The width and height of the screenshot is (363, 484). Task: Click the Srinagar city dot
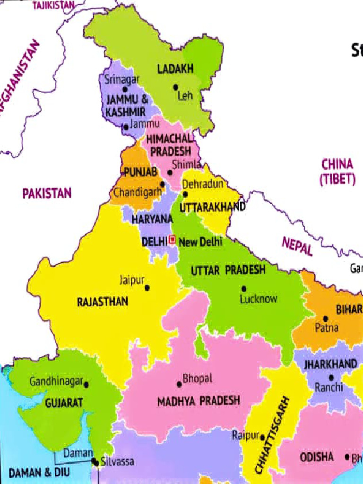pos(125,89)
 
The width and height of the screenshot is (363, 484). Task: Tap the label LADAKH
pos(175,69)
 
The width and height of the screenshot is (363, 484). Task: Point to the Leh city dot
pos(175,87)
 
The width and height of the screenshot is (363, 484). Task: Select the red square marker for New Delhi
pos(172,240)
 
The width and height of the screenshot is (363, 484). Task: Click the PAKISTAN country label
pos(47,193)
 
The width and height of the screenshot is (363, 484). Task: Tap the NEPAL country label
pos(297,246)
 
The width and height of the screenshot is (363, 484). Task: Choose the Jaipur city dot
pos(147,287)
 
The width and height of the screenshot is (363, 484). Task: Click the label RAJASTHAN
pos(103,302)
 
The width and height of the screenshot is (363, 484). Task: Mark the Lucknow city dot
pos(244,288)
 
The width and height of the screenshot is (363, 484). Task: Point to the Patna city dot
pos(325,319)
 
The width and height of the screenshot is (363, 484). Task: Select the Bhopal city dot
pos(179,384)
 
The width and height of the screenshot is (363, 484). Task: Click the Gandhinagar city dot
pos(86,385)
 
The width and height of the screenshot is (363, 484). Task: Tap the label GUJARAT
pos(64,403)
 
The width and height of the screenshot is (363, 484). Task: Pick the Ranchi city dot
pos(331,378)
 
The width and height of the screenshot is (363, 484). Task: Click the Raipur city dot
pos(263,438)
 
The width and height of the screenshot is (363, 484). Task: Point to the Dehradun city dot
pos(185,194)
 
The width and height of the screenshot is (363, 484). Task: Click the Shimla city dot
pos(170,173)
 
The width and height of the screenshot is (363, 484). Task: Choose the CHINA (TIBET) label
pos(337,171)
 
